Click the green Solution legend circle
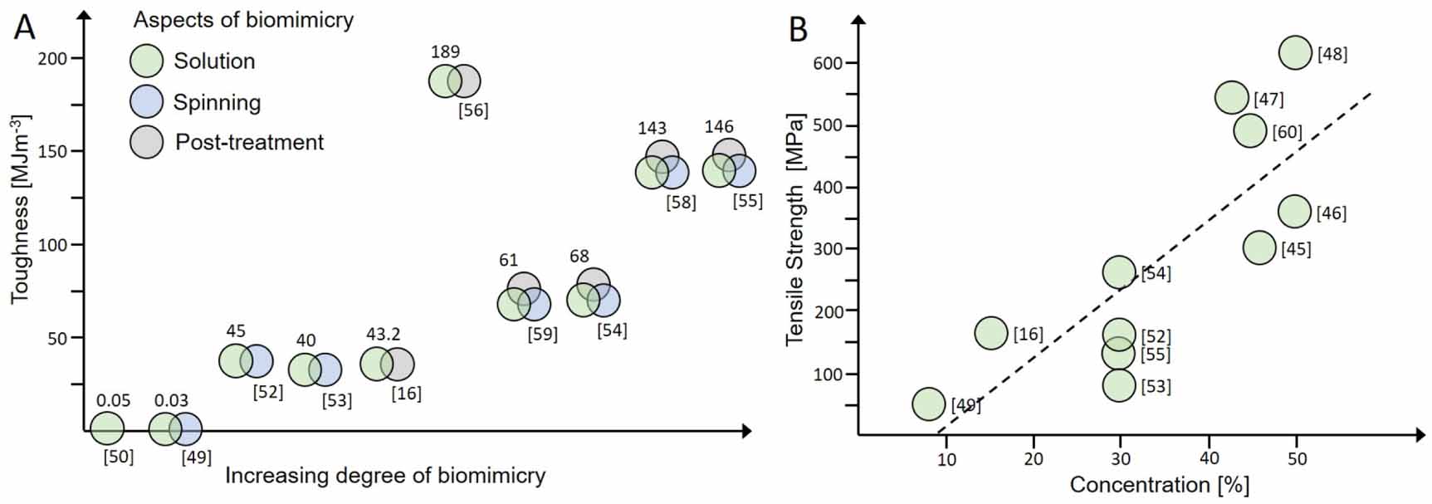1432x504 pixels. coord(147,61)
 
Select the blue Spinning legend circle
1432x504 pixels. coord(147,101)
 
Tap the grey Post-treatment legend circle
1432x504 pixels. coord(147,142)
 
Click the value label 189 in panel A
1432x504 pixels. coord(445,51)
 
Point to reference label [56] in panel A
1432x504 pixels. coord(473,110)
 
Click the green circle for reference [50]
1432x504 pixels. coord(107,428)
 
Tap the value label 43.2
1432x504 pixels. coord(384,334)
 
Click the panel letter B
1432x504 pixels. coord(798,31)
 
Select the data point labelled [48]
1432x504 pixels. coord(1295,53)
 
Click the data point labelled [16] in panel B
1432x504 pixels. coord(991,333)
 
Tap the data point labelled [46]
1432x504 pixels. coord(1294,212)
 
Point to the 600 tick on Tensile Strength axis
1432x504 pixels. coord(833,63)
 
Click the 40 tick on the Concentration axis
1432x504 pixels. coord(1209,458)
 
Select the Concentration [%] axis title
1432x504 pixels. coord(1159,485)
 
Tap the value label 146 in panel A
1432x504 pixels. coord(719,126)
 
